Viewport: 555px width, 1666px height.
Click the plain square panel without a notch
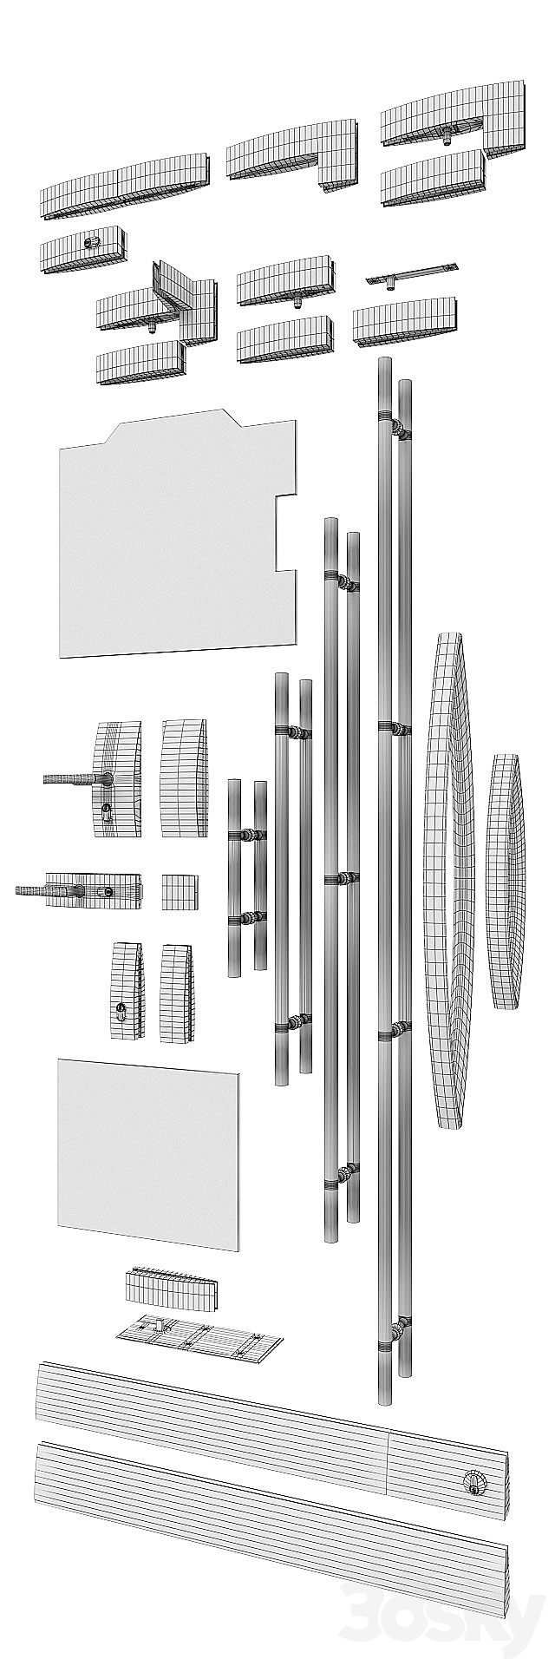[x=147, y=1154]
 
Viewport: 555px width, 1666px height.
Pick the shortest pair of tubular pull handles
[x=246, y=876]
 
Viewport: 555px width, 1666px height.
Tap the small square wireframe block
[x=180, y=892]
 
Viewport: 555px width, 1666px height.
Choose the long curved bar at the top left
[x=126, y=187]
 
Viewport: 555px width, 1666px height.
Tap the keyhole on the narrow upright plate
[x=121, y=1011]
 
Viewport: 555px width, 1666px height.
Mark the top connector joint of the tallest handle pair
[x=397, y=428]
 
